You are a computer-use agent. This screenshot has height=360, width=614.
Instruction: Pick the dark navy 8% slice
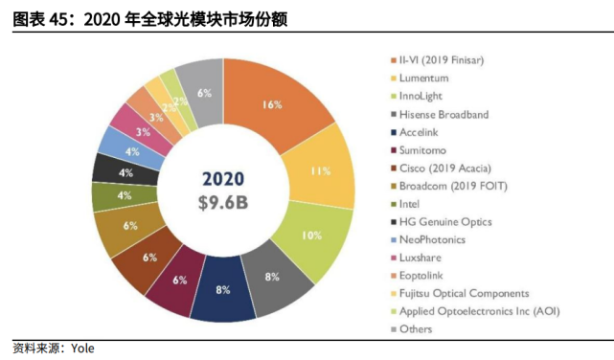pyautogui.click(x=222, y=289)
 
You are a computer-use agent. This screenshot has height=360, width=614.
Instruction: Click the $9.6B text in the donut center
pyautogui.click(x=222, y=202)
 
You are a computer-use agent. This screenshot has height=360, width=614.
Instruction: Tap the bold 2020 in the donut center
pyautogui.click(x=222, y=179)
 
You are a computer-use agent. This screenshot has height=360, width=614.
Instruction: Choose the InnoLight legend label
pyautogui.click(x=427, y=96)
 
